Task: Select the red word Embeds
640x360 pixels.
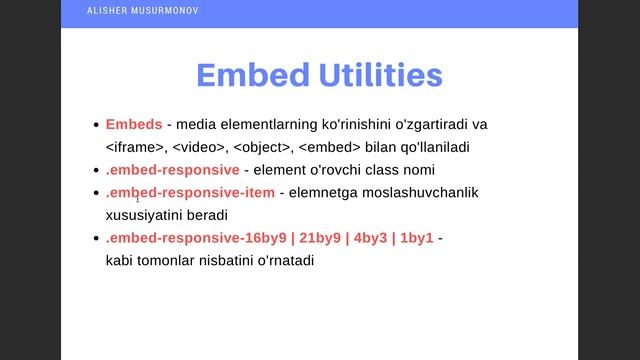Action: click(133, 125)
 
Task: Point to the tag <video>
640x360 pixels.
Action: click(199, 147)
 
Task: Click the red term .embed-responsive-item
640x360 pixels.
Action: click(189, 192)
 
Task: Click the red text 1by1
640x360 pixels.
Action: click(415, 239)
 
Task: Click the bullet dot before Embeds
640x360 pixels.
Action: click(96, 126)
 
